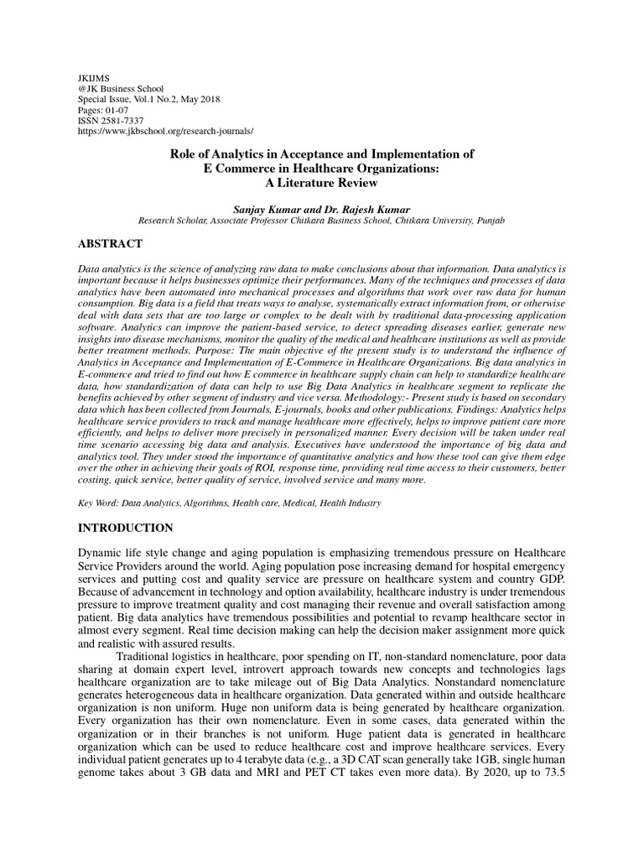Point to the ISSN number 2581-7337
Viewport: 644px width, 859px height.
pos(124,121)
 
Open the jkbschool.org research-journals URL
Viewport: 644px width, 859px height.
pos(165,132)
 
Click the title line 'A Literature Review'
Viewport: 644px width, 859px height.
pos(322,182)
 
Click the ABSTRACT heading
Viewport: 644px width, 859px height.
pos(110,244)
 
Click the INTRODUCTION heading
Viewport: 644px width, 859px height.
pos(126,528)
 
